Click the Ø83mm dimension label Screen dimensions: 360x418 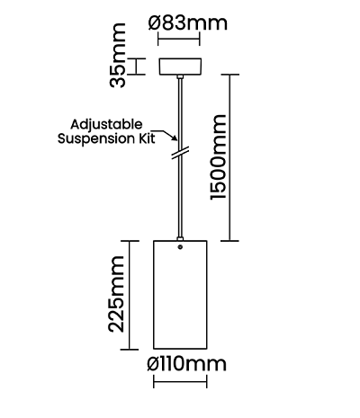pos(188,23)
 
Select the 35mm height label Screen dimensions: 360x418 pos(117,55)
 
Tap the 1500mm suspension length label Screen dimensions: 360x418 pos(218,157)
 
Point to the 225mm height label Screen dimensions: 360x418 pos(116,294)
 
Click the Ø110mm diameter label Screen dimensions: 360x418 pos(186,364)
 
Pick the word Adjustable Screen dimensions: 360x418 pos(106,125)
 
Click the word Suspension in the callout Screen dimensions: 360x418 pos(95,138)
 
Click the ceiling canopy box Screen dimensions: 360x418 pos(180,67)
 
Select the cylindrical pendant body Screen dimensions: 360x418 pos(180,295)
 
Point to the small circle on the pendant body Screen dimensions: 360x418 pos(180,247)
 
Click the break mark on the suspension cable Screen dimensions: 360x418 pos(180,153)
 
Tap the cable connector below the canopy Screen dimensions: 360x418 pos(180,77)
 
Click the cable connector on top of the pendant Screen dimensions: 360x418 pos(180,238)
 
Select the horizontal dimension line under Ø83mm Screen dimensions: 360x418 pos(179,39)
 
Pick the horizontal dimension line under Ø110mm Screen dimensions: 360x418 pos(180,382)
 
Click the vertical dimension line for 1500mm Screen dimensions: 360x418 pos(230,157)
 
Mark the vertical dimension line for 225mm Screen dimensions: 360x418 pos(130,295)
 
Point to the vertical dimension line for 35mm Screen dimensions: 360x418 pos(137,67)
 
